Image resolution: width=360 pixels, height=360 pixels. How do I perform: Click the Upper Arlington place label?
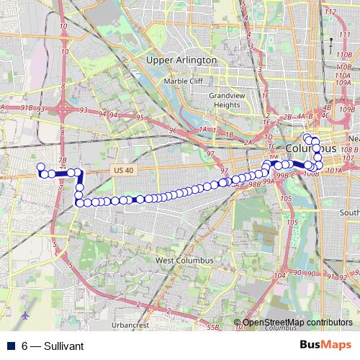[181, 59]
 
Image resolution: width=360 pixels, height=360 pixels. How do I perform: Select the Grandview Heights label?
[224, 99]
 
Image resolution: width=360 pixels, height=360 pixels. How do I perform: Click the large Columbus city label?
[311, 148]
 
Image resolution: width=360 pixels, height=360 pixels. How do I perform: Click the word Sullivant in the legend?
[63, 346]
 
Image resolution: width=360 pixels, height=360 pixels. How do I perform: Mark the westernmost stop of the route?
[40, 168]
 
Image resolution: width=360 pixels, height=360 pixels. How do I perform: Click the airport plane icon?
[26, 315]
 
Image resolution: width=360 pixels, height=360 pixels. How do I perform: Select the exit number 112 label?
[330, 12]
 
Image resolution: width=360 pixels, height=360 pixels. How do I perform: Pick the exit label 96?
[172, 130]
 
